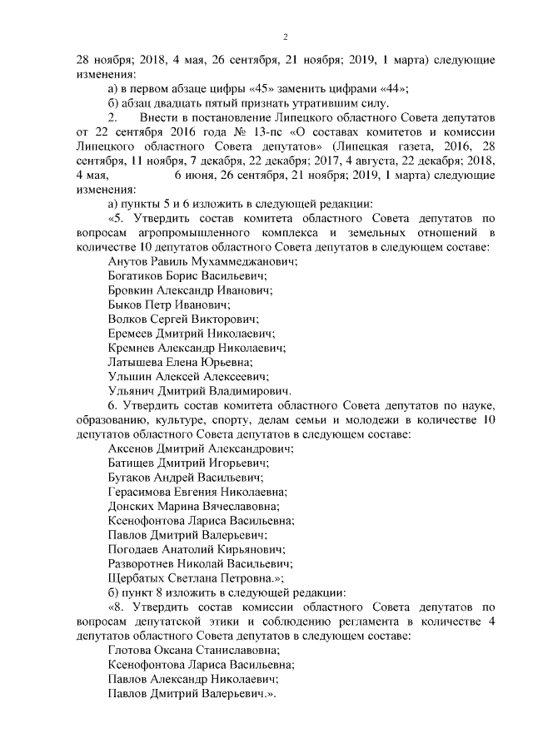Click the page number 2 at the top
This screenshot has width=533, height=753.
click(285, 37)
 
